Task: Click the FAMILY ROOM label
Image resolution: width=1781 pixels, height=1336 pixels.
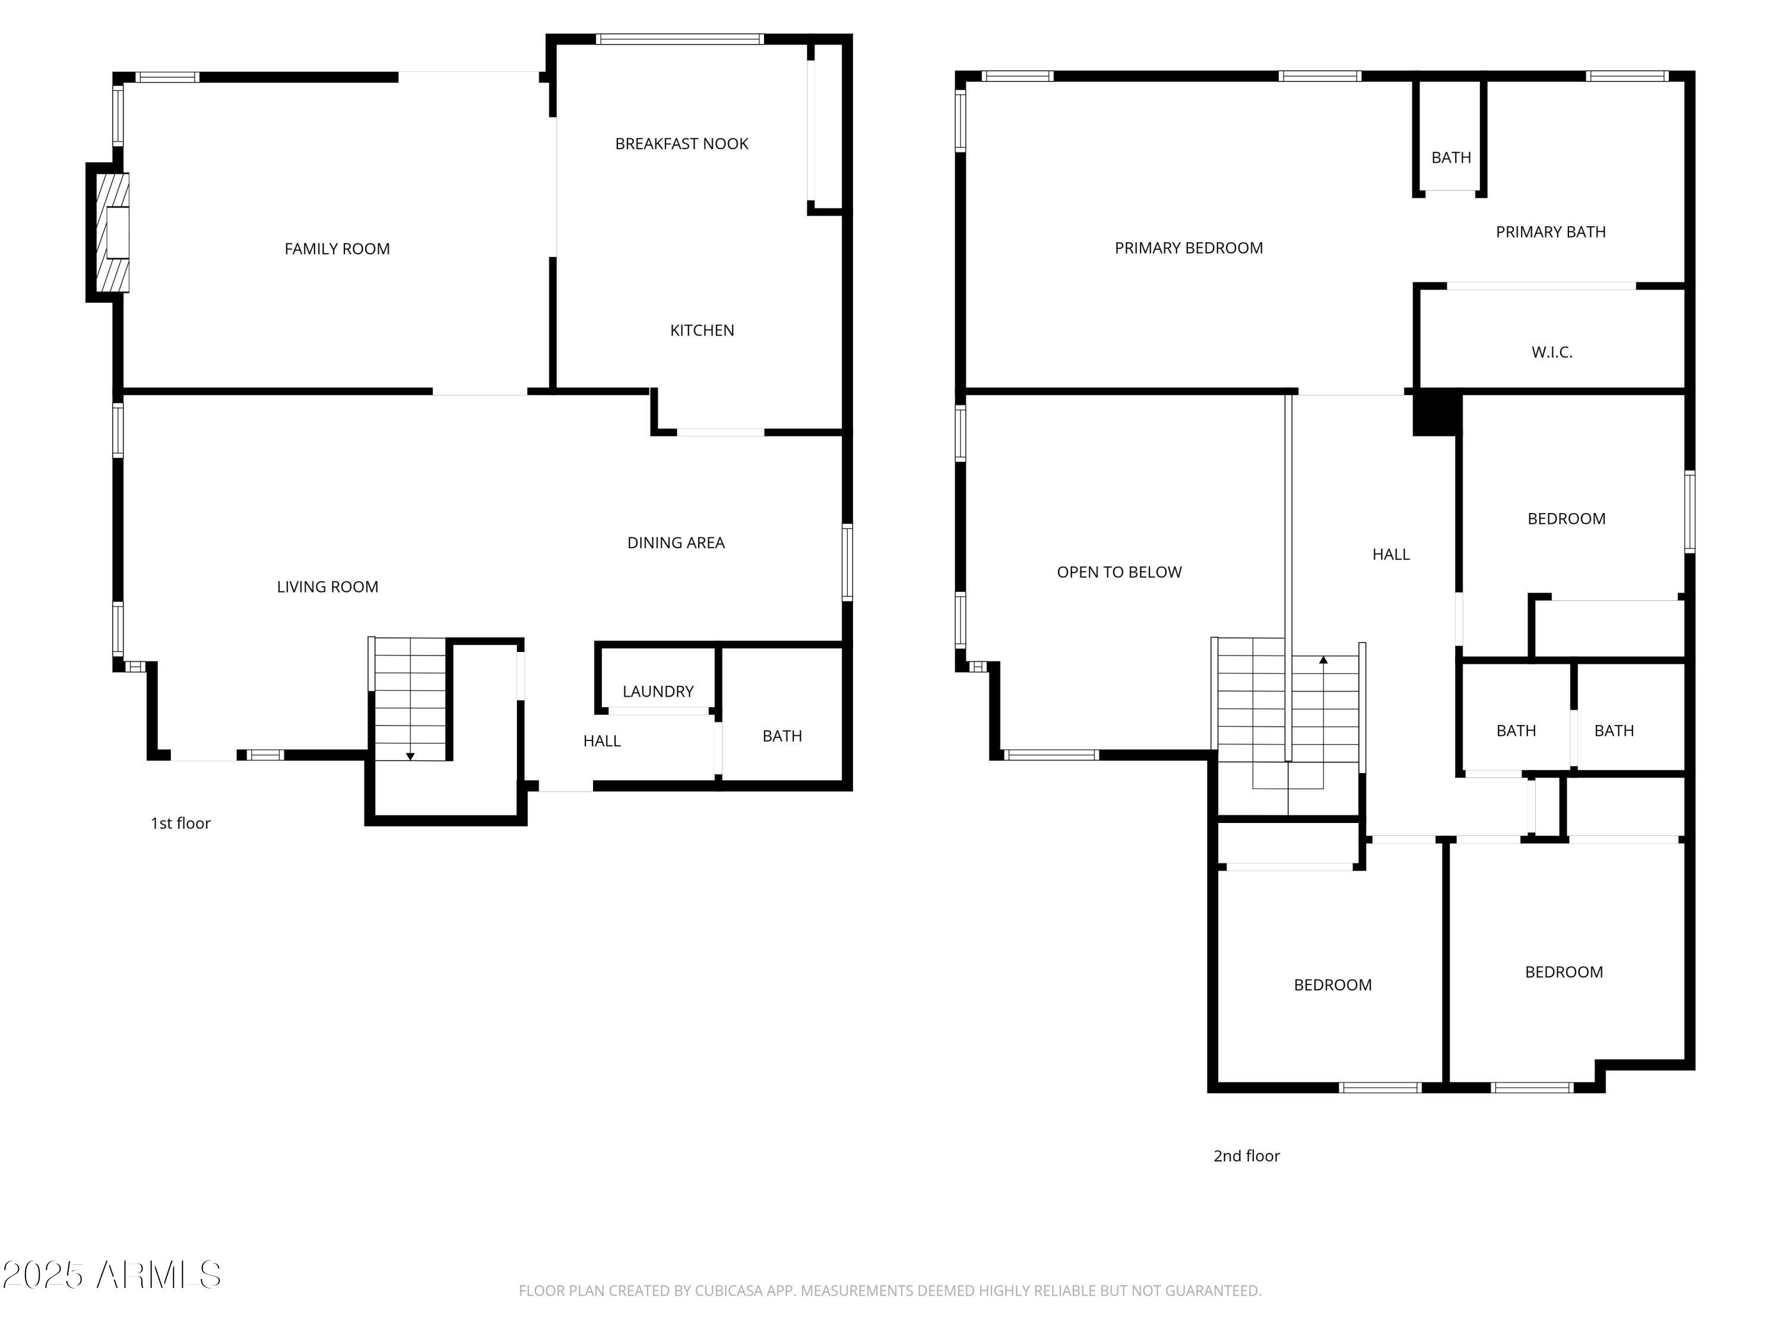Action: coord(337,249)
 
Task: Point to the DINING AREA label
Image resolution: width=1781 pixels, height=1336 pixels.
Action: coord(676,543)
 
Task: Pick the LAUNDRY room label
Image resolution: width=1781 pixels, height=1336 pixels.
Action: coord(657,691)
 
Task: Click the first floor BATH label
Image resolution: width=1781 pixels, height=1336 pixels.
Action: coord(782,736)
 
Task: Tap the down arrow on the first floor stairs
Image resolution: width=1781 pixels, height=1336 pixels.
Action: coord(410,755)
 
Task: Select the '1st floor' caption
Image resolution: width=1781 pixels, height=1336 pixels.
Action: coord(180,823)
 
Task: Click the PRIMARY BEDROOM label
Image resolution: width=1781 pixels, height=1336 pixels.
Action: coord(1189,248)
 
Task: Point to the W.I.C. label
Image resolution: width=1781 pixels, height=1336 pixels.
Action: coord(1551,352)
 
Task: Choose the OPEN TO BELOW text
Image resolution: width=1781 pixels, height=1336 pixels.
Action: coord(1119,572)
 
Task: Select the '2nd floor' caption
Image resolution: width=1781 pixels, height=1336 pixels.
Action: coord(1246,1155)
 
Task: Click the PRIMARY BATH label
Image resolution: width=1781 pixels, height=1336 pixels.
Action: coord(1550,232)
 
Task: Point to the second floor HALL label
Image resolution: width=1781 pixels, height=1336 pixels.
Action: coord(1390,554)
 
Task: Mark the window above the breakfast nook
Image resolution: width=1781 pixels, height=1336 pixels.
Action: coord(680,39)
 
